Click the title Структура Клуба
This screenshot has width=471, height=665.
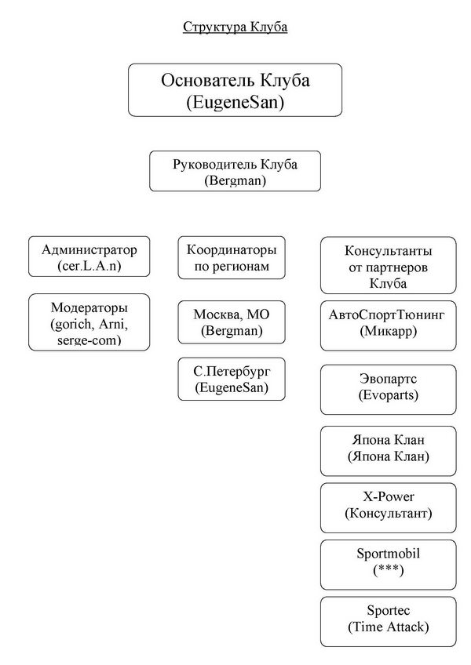tap(235, 27)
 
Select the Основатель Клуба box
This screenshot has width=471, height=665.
tap(235, 90)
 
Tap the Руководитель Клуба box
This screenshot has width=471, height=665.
tap(235, 171)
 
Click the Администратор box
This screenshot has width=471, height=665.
tap(89, 256)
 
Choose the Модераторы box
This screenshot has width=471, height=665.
tap(89, 322)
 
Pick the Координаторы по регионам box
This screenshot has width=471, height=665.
tap(232, 258)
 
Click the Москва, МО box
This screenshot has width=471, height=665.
tap(232, 322)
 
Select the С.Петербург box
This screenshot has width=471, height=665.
tap(232, 379)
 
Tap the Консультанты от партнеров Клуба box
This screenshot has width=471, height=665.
tap(388, 266)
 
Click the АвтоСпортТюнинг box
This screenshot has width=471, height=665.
tap(388, 325)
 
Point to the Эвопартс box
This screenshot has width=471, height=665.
tap(388, 389)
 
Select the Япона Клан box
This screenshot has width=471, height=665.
tap(388, 451)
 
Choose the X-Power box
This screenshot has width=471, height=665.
tap(388, 507)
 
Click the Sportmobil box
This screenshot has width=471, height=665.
tap(388, 565)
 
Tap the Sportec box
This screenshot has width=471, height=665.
tap(388, 622)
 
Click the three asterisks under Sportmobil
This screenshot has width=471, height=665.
tap(388, 569)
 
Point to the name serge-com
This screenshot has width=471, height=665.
tap(89, 340)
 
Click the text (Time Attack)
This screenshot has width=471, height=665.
tap(388, 627)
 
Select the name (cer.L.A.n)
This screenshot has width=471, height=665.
tap(89, 266)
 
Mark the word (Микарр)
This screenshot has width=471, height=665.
tap(388, 331)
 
